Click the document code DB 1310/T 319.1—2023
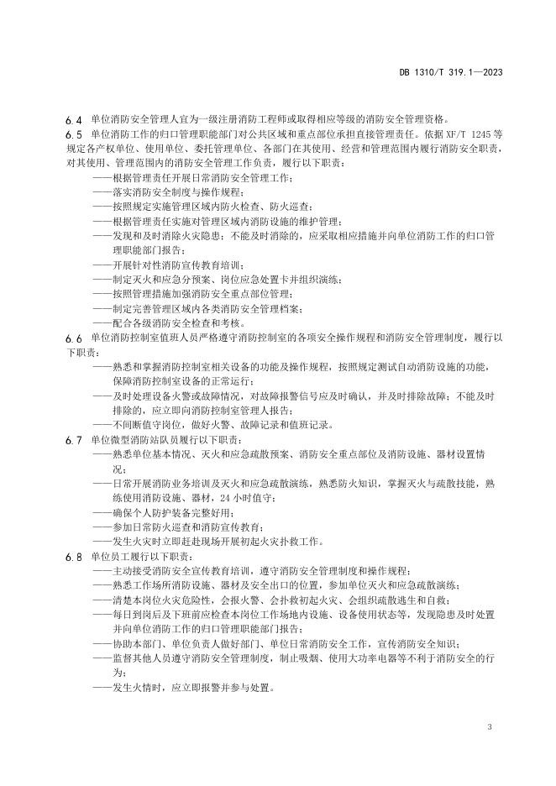(460, 73)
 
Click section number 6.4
(72, 119)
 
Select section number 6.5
(72, 133)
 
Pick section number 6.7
(72, 439)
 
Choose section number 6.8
(72, 557)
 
